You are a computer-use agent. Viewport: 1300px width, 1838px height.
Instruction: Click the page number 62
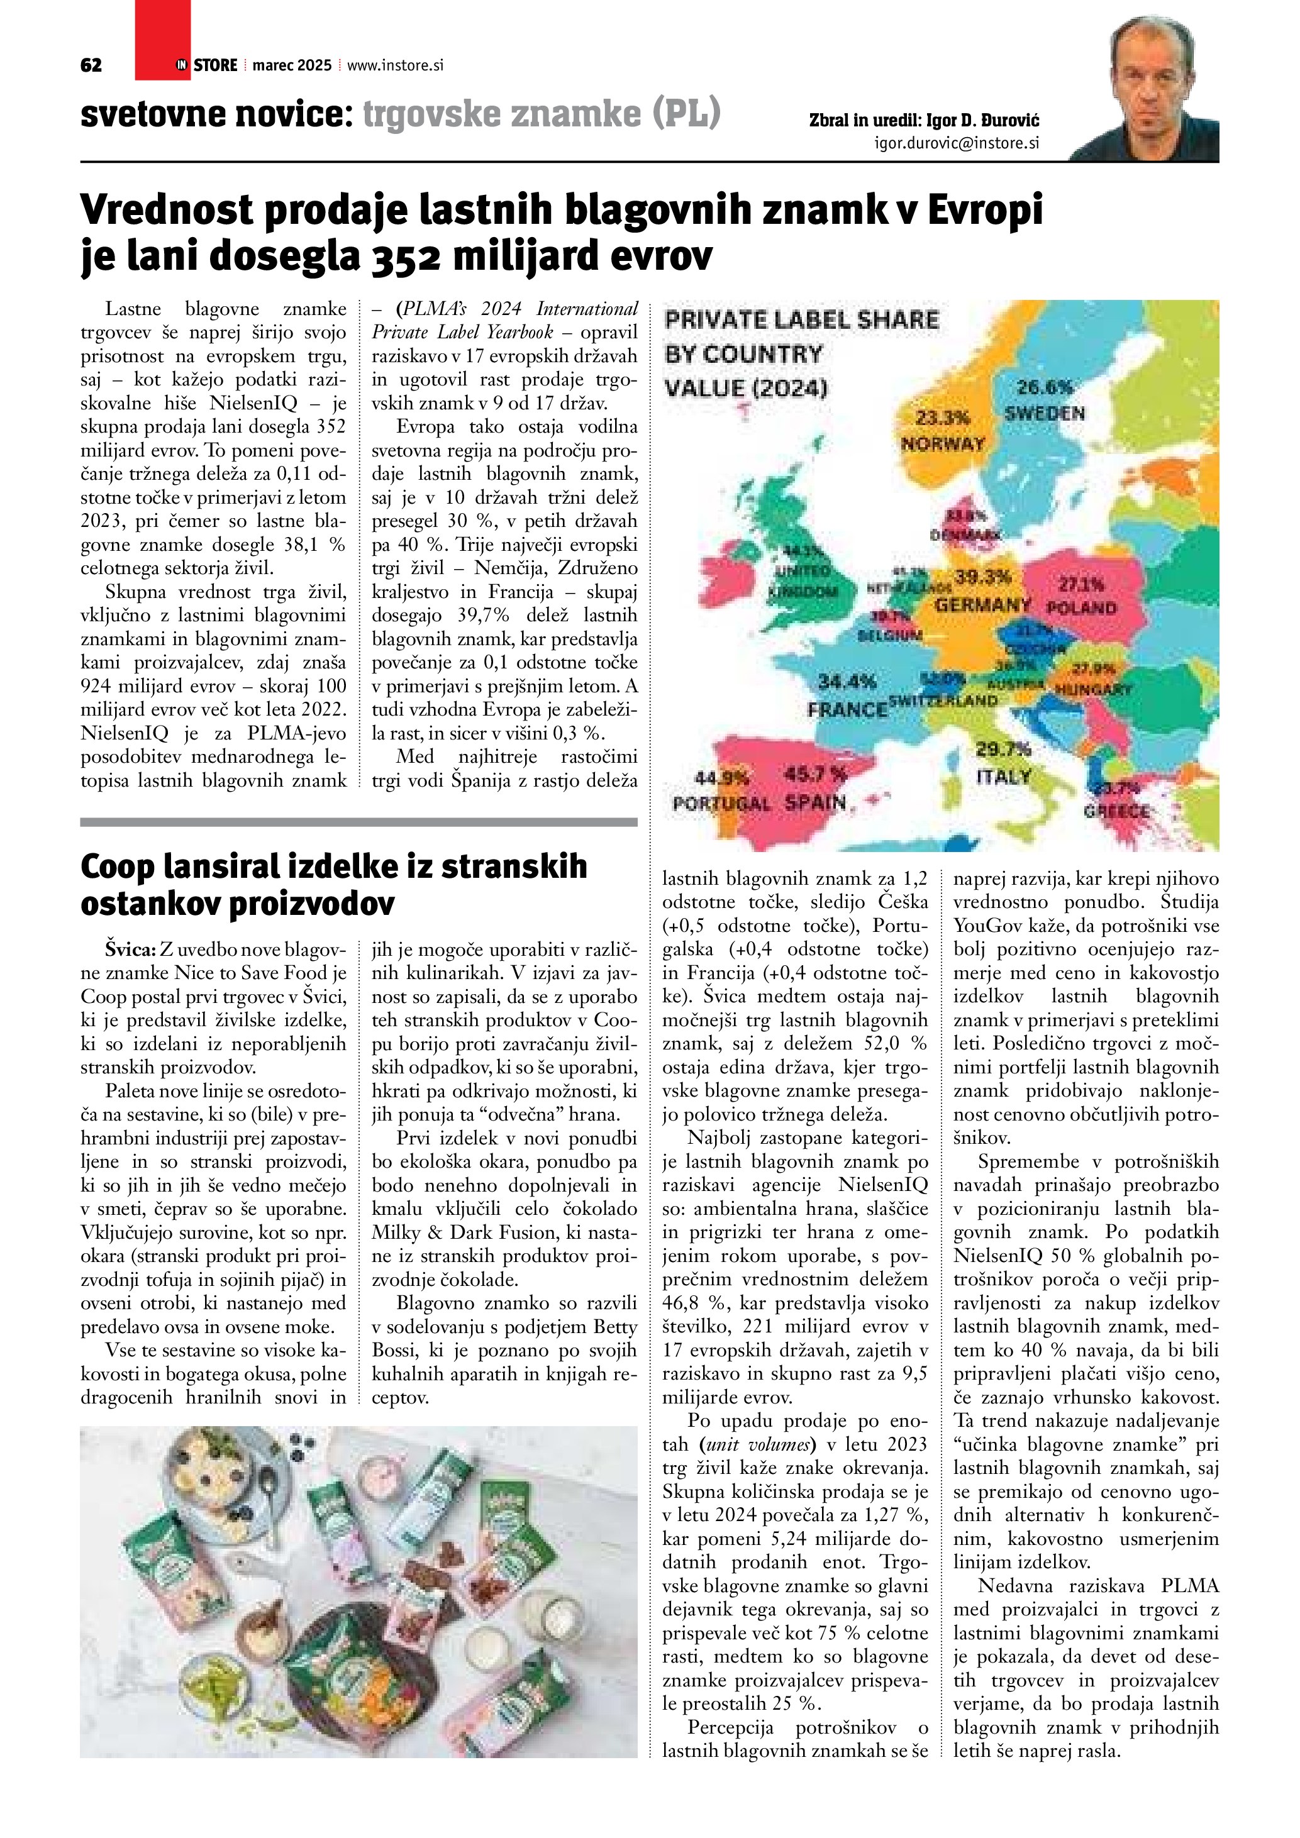pos(91,65)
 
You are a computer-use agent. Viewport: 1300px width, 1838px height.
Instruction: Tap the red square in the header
pos(162,40)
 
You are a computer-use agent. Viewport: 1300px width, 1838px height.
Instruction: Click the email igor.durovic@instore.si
pos(957,143)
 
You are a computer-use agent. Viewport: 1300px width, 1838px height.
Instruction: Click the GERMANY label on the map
pos(982,604)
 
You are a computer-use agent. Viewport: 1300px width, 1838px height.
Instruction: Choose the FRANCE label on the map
pos(847,709)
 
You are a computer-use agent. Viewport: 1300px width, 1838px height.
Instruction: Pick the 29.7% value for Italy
pos(1003,750)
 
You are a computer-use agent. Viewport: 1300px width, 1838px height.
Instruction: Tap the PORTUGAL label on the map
pos(721,804)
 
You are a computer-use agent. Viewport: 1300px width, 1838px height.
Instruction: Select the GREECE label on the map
pos(1116,812)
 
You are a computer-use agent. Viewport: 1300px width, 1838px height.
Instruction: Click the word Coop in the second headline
pos(117,867)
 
